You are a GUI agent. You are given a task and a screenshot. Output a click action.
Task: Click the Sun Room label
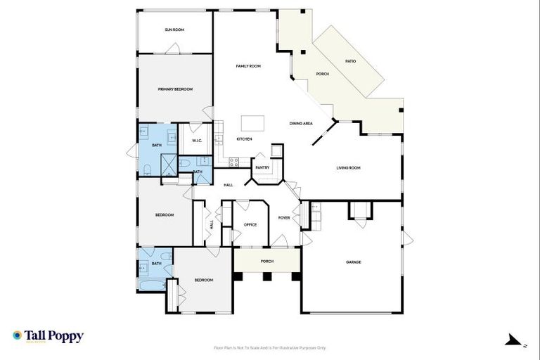click(x=174, y=30)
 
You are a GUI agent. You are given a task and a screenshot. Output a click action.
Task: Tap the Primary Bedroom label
click(x=175, y=89)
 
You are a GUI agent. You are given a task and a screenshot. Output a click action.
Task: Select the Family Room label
click(x=248, y=66)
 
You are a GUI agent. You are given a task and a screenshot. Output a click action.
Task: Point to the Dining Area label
click(x=301, y=124)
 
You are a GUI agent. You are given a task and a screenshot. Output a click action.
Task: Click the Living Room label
click(x=348, y=168)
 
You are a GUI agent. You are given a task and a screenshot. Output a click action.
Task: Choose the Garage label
click(x=353, y=262)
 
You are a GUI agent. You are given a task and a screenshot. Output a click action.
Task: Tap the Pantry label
click(x=262, y=168)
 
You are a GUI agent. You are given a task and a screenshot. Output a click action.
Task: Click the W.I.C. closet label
click(x=197, y=141)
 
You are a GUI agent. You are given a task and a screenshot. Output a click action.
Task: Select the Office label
click(x=250, y=225)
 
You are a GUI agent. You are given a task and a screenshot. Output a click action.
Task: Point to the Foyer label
click(x=284, y=218)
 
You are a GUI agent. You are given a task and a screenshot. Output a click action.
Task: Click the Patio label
click(x=350, y=61)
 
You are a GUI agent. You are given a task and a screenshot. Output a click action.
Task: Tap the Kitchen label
click(x=244, y=139)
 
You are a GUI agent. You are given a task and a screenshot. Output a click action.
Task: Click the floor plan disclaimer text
click(x=270, y=347)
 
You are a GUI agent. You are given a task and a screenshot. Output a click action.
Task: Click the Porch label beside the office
click(x=267, y=261)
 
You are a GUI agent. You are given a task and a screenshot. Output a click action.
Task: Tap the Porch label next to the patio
click(x=322, y=74)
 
